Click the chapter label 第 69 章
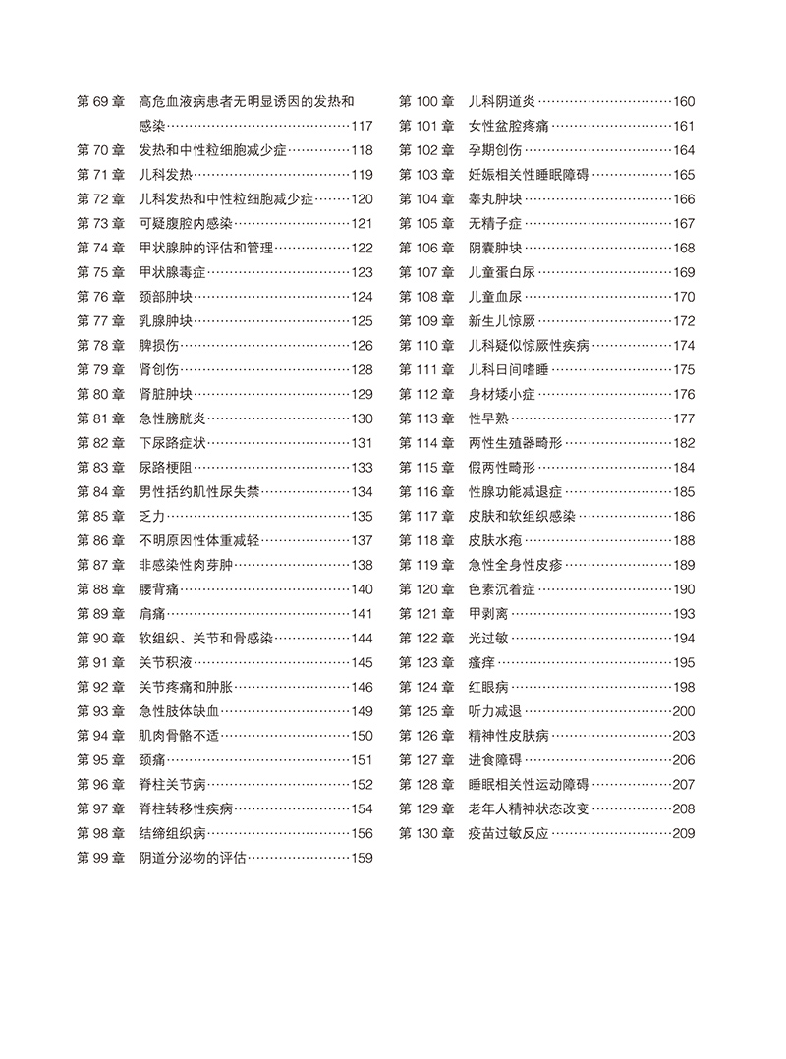pos(101,102)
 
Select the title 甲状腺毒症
pos(173,272)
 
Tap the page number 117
pos(362,127)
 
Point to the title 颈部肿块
pos(166,297)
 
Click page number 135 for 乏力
pos(362,516)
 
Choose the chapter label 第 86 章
pos(101,540)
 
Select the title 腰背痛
pos(159,589)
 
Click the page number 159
pos(362,858)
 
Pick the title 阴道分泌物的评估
pos(194,858)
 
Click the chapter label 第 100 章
pos(427,102)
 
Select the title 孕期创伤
pos(495,150)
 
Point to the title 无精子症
pos(495,224)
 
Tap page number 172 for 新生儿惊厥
pos(684,321)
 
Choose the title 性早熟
pos(488,418)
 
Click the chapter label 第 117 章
pos(427,516)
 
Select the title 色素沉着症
pos(502,589)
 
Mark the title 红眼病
pos(488,687)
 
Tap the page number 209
pos(684,833)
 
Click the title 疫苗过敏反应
pos(509,833)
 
